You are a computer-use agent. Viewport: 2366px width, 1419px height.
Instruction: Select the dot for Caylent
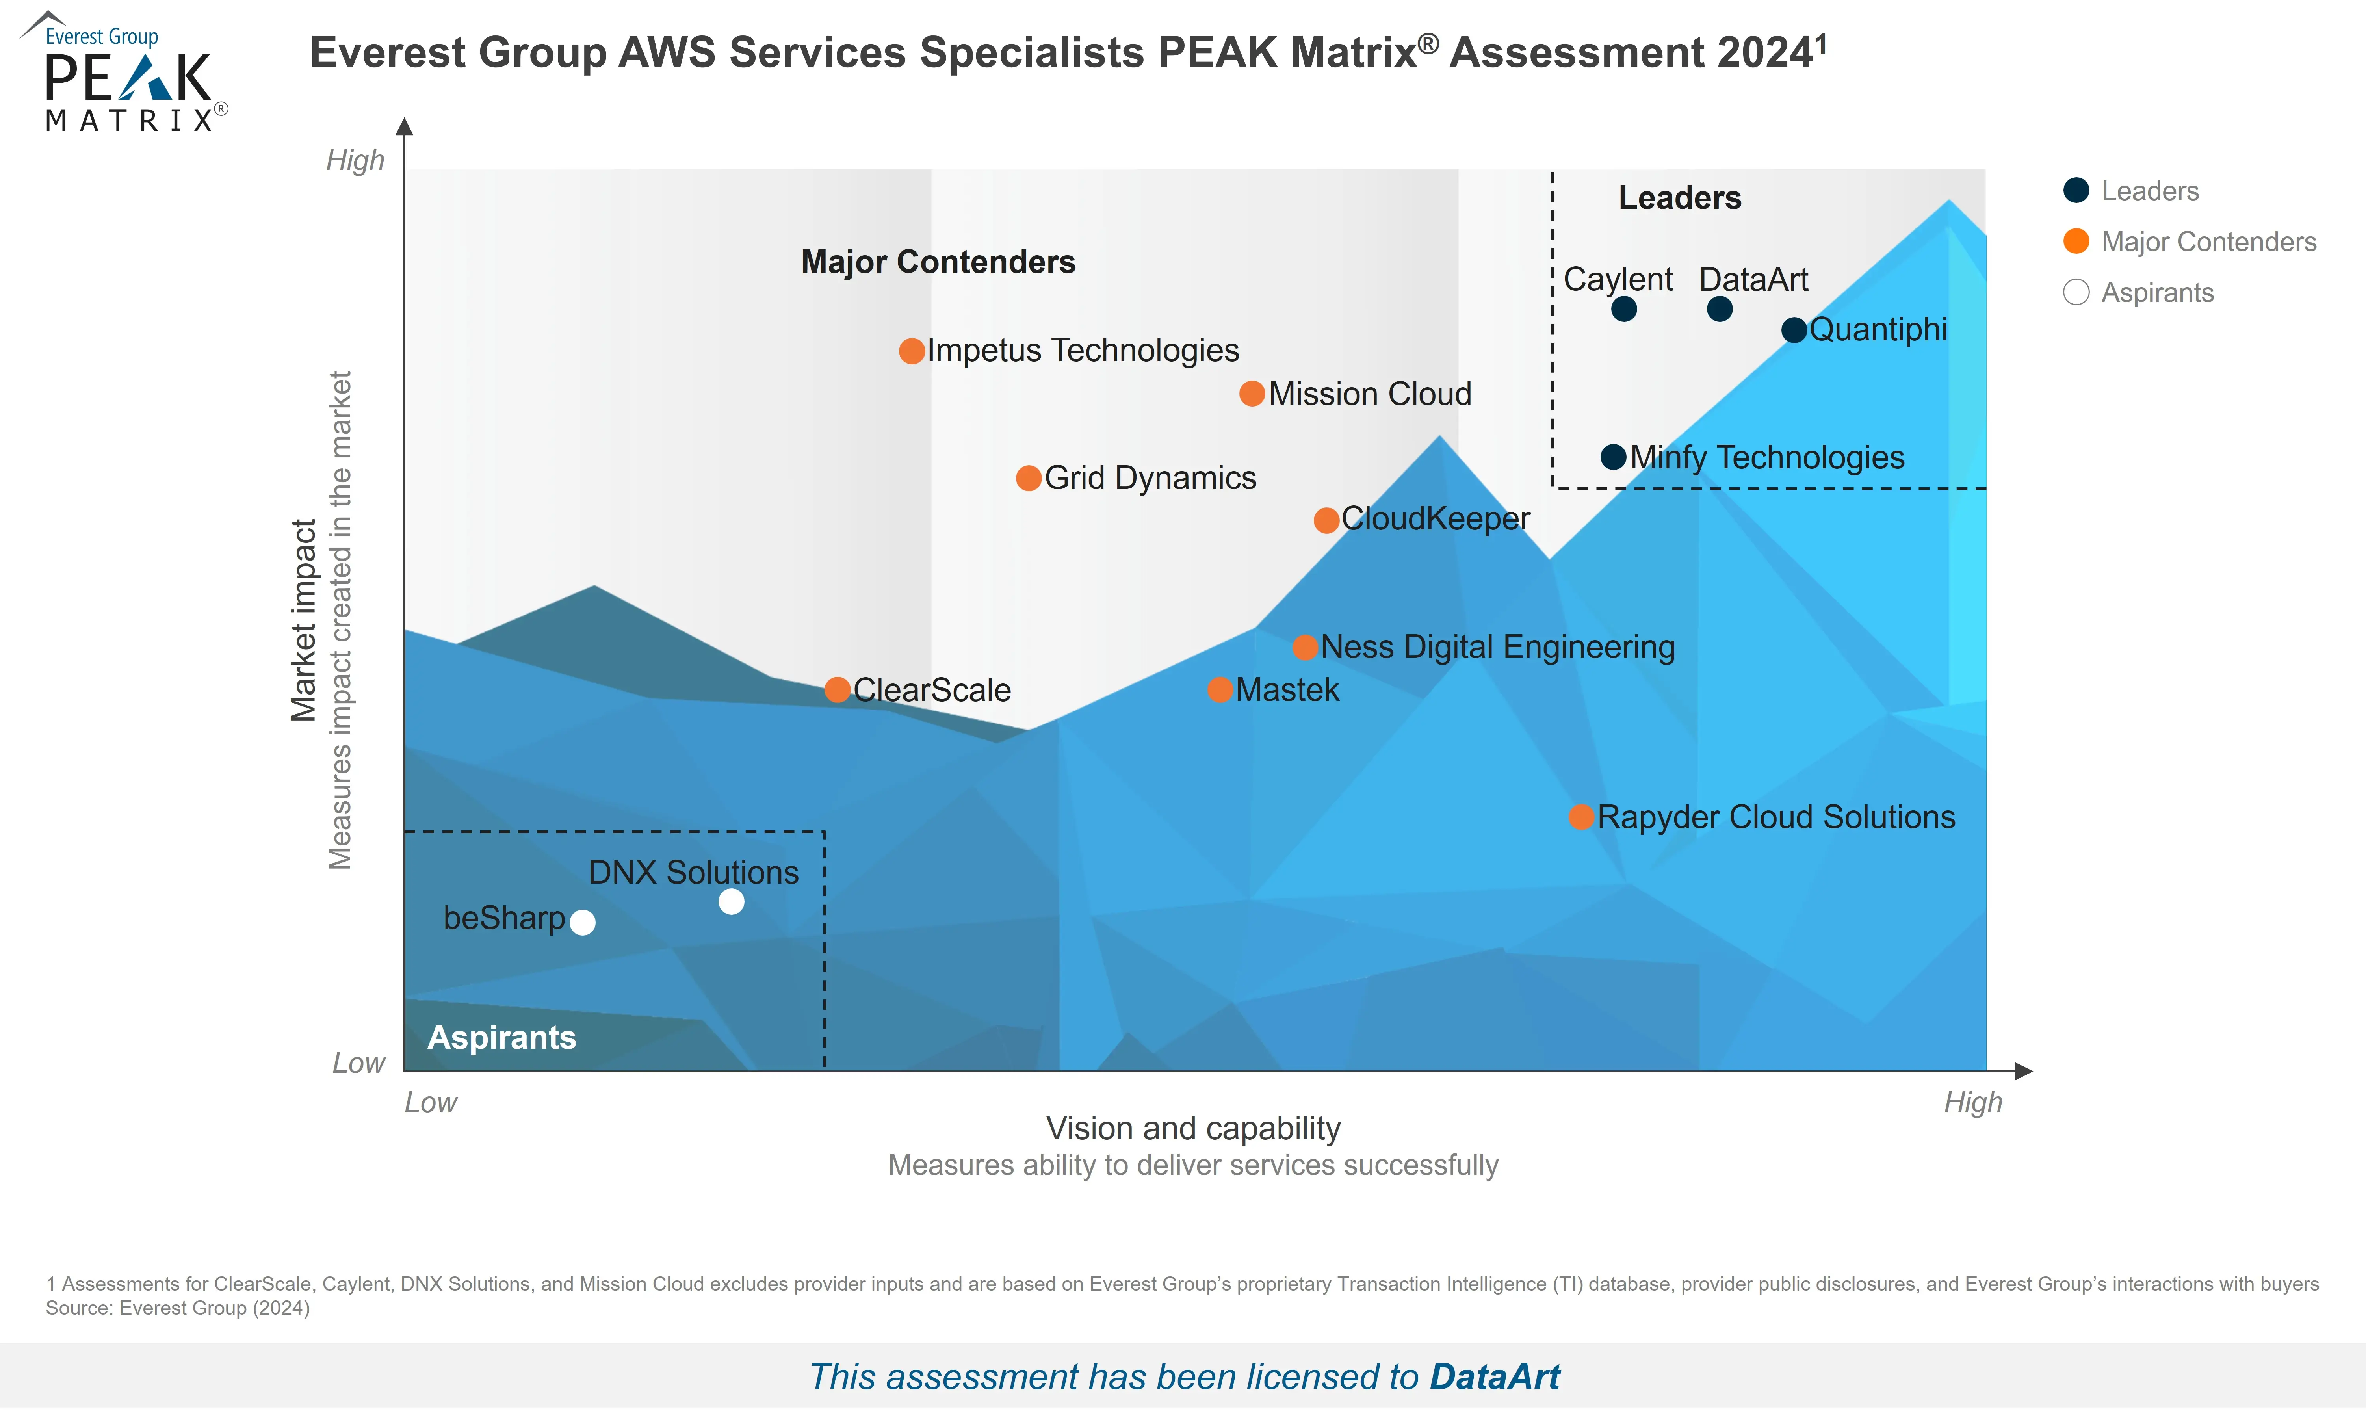pyautogui.click(x=1623, y=309)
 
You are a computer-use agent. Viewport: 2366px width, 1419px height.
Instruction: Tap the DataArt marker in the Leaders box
pyautogui.click(x=1719, y=309)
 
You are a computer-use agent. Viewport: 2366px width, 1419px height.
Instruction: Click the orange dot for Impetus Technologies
pyautogui.click(x=912, y=351)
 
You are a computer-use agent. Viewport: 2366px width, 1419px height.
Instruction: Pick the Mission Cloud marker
pyautogui.click(x=1252, y=394)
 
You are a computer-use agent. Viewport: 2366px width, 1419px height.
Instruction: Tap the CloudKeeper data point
pyautogui.click(x=1326, y=520)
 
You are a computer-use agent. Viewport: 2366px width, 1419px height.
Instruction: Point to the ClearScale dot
pyautogui.click(x=838, y=689)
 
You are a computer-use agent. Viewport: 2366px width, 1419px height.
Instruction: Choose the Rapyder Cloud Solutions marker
pyautogui.click(x=1581, y=817)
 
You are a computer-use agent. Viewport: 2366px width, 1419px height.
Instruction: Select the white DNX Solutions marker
pyautogui.click(x=731, y=902)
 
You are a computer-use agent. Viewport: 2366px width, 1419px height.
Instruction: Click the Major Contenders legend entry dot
pyautogui.click(x=2075, y=241)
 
